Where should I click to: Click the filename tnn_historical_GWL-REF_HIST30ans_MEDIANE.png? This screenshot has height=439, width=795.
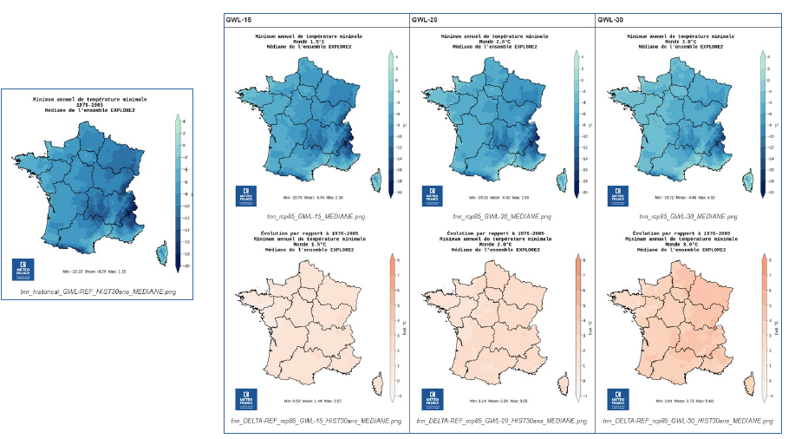(x=98, y=292)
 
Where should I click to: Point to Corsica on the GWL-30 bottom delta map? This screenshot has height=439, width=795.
(x=748, y=383)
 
